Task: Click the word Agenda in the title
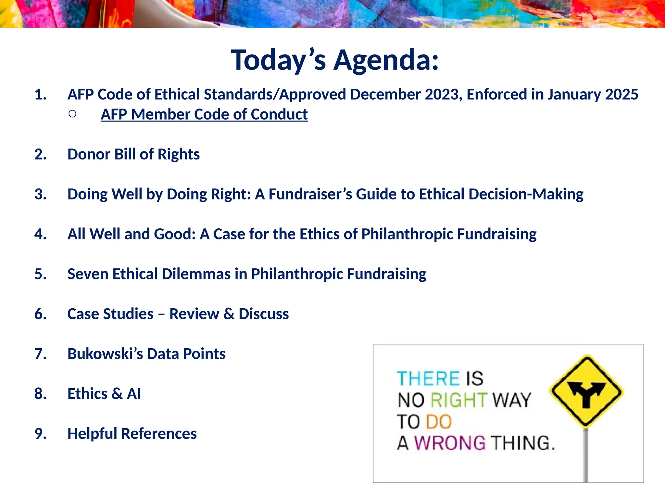tap(386, 60)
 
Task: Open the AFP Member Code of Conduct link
tap(204, 114)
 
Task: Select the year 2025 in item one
tap(621, 95)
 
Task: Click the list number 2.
tap(40, 154)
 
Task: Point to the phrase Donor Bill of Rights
tap(133, 154)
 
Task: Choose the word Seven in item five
tap(88, 274)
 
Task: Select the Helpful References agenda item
tap(132, 434)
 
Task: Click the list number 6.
tap(40, 314)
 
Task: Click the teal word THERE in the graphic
tap(428, 379)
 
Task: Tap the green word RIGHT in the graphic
tap(458, 400)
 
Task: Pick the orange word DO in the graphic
tap(438, 422)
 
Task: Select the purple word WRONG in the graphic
tap(450, 443)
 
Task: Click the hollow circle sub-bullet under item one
tap(72, 114)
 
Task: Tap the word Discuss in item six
tap(263, 314)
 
